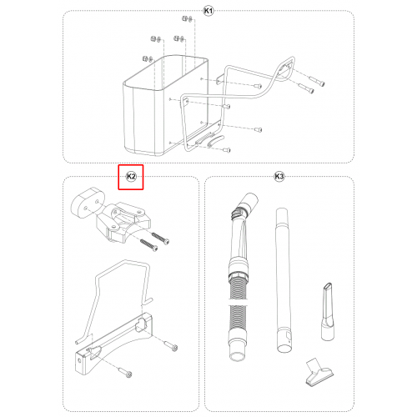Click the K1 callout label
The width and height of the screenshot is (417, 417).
pyautogui.click(x=208, y=11)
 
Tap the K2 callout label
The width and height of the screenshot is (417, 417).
pyautogui.click(x=131, y=177)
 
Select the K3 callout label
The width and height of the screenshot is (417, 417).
pyautogui.click(x=279, y=177)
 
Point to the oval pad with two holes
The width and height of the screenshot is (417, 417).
pyautogui.click(x=88, y=203)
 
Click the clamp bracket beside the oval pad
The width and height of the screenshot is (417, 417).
pyautogui.click(x=123, y=222)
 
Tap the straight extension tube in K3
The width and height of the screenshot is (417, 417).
pyautogui.click(x=284, y=280)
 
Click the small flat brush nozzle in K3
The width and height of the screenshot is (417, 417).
pyautogui.click(x=319, y=372)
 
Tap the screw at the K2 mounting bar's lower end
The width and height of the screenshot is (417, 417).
pyautogui.click(x=125, y=372)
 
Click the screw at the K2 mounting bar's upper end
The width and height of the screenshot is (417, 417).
pyautogui.click(x=171, y=345)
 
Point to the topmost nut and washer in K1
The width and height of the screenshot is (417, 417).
pyautogui.click(x=187, y=19)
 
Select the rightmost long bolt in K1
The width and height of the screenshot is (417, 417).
pyautogui.click(x=317, y=80)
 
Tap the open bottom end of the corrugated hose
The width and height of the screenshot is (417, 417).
pyautogui.click(x=237, y=356)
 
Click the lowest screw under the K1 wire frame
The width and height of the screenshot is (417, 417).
pyautogui.click(x=227, y=150)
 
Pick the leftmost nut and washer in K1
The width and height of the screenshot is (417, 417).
pyautogui.click(x=148, y=58)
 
